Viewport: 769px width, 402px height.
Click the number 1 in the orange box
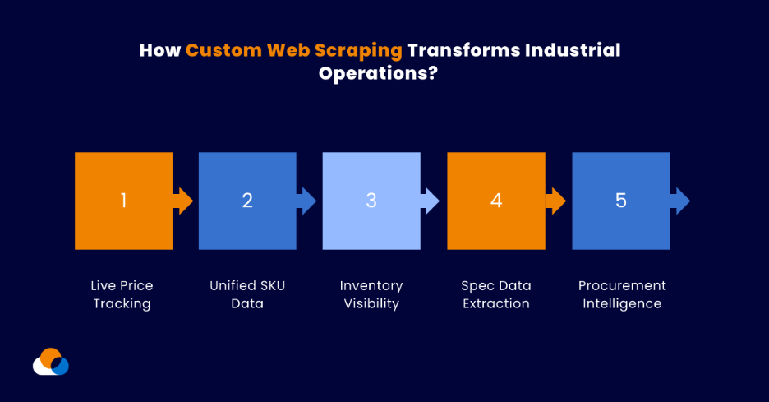tap(123, 201)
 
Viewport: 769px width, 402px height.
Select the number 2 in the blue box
tap(247, 201)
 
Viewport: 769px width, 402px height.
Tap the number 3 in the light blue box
tap(371, 201)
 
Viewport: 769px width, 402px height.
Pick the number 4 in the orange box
tap(496, 201)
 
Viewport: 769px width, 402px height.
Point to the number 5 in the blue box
tap(620, 201)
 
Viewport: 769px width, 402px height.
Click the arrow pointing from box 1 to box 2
tap(183, 201)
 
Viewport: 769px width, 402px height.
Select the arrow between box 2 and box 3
tap(306, 201)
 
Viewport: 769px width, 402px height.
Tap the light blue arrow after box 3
tap(431, 201)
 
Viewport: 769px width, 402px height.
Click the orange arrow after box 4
tap(555, 201)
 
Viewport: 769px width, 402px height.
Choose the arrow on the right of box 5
tap(679, 201)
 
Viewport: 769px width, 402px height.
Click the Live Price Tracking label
tap(122, 294)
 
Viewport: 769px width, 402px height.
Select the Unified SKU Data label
tap(247, 294)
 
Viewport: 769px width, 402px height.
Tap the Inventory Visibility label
tap(371, 294)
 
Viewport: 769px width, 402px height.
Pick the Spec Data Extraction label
tap(496, 294)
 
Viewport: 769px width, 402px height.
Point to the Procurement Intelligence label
tap(622, 294)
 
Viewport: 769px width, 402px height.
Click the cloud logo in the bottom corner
tap(51, 362)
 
